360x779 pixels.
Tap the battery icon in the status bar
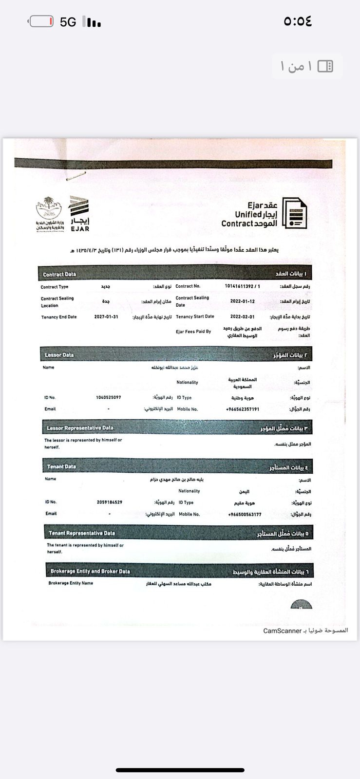click(41, 21)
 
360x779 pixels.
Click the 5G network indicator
click(68, 22)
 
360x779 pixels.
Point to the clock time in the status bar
click(297, 21)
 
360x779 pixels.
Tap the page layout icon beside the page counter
click(325, 66)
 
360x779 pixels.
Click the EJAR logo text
click(80, 228)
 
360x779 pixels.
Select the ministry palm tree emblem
click(48, 209)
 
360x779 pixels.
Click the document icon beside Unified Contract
click(295, 213)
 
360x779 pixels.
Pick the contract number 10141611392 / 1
click(243, 286)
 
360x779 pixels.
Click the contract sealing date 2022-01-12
click(243, 301)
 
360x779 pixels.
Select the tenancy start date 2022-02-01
click(243, 316)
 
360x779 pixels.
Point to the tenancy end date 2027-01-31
click(106, 317)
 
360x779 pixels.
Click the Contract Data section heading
click(59, 274)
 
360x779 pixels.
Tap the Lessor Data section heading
click(59, 355)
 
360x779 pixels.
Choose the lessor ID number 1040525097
click(109, 397)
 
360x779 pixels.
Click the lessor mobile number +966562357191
click(243, 409)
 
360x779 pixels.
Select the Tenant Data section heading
click(61, 466)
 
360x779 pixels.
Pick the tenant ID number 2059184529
click(110, 502)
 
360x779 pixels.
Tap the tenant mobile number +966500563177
click(245, 514)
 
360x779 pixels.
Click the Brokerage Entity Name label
click(71, 583)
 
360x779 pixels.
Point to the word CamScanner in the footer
click(283, 631)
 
